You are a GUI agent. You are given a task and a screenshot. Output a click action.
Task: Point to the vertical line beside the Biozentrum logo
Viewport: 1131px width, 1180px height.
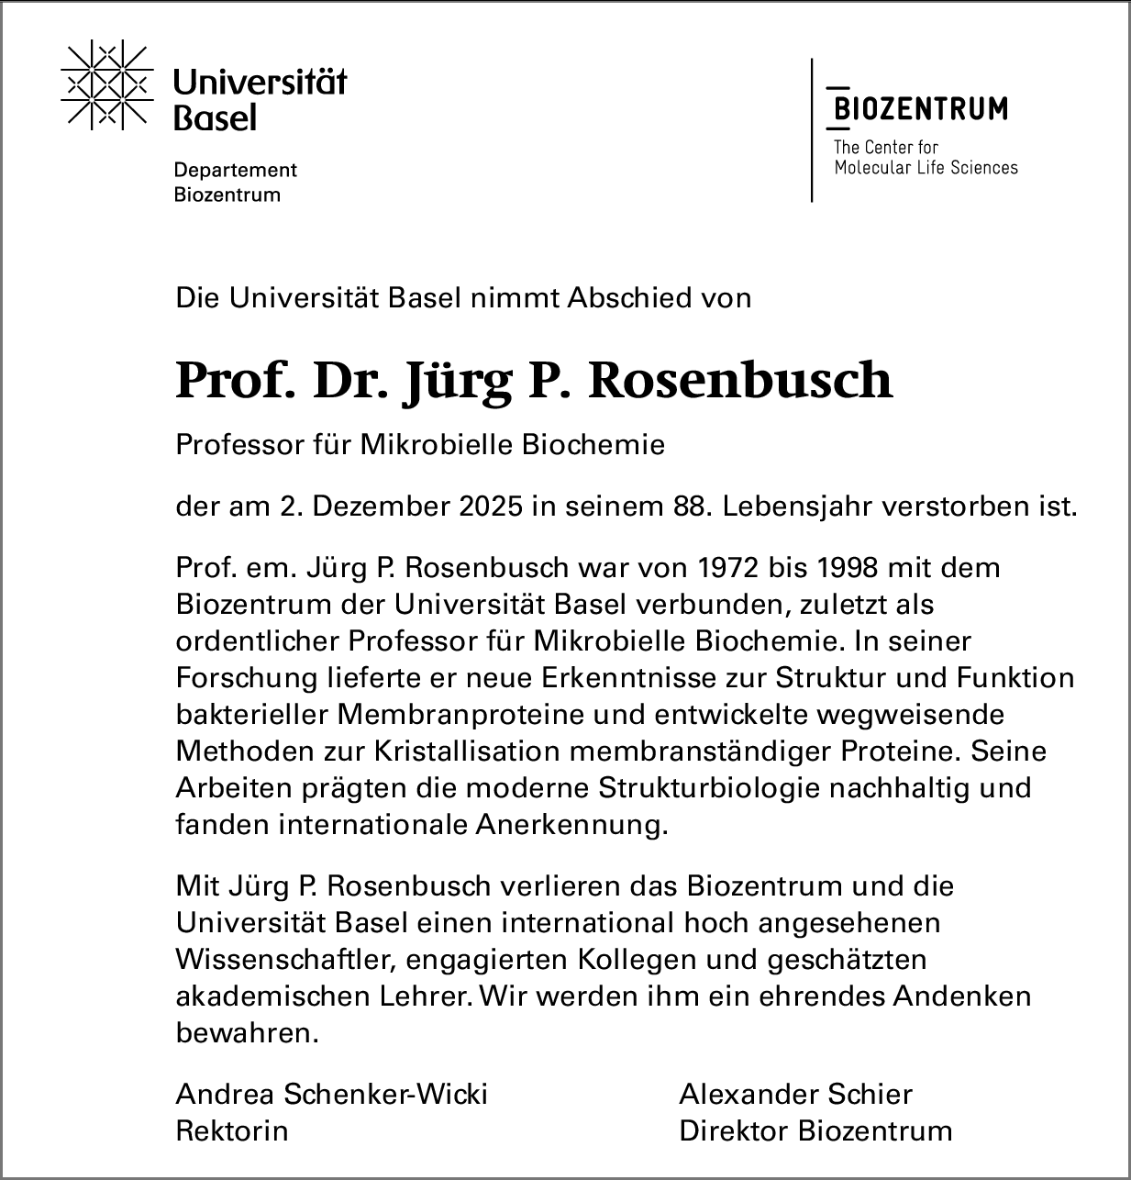[x=812, y=129]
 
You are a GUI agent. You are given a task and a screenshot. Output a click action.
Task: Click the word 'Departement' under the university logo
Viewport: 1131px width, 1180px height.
[x=236, y=170]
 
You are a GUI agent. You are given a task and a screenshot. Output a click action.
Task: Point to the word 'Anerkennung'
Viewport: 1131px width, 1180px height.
[x=569, y=825]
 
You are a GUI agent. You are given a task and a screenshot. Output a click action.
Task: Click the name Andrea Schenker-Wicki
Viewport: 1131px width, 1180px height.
[x=331, y=1095]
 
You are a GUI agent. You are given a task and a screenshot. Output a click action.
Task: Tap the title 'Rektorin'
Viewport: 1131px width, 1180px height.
[x=231, y=1131]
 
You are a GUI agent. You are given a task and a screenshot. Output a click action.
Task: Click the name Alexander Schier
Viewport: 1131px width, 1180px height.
[x=795, y=1095]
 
